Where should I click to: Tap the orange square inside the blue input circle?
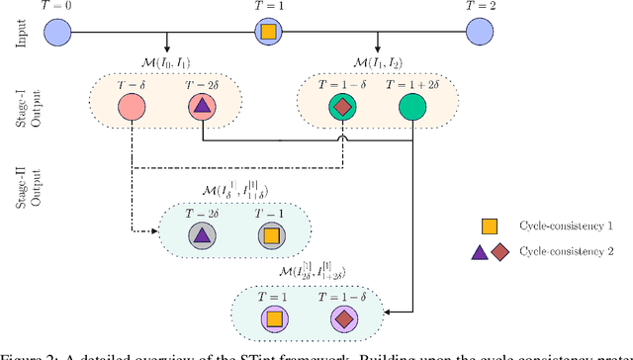[x=268, y=33]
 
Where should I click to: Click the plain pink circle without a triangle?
[x=132, y=107]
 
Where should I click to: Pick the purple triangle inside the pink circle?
[x=200, y=107]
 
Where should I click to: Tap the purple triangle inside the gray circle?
[x=201, y=236]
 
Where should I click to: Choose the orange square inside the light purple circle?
[x=272, y=318]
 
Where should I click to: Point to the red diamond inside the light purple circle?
[x=342, y=318]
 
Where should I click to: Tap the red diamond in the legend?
[x=499, y=252]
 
